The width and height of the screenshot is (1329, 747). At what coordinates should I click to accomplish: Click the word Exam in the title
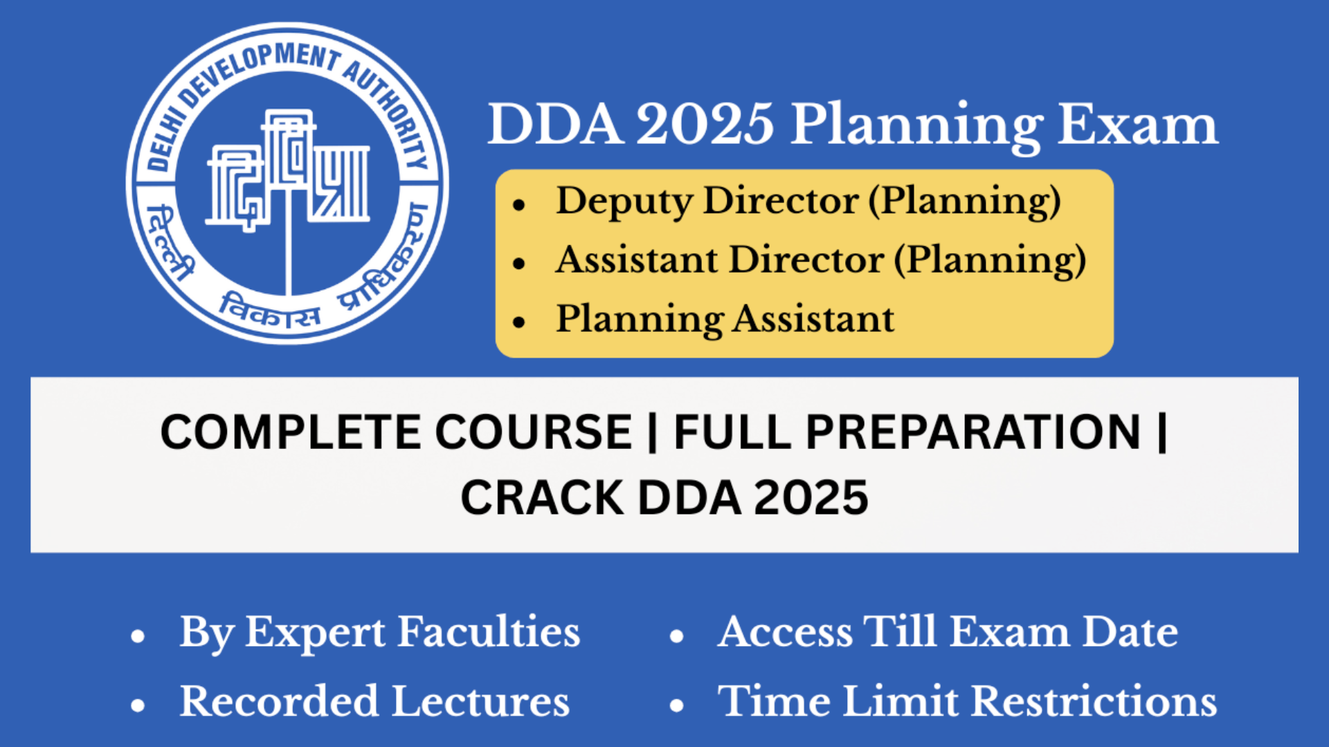[1137, 125]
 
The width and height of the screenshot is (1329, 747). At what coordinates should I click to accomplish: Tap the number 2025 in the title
[704, 125]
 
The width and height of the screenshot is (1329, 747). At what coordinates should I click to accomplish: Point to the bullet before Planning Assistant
[520, 322]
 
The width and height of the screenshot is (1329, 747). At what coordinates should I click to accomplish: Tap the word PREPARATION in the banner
[973, 432]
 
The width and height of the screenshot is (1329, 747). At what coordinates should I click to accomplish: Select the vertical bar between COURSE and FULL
[652, 432]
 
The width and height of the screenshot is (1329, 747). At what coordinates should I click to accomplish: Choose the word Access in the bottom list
[785, 632]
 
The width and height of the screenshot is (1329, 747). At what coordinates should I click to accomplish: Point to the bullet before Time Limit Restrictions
[677, 705]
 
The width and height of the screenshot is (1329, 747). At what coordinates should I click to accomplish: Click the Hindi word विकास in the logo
[270, 311]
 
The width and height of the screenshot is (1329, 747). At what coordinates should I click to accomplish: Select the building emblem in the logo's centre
[288, 169]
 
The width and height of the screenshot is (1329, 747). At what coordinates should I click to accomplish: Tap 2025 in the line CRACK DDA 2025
[811, 498]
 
